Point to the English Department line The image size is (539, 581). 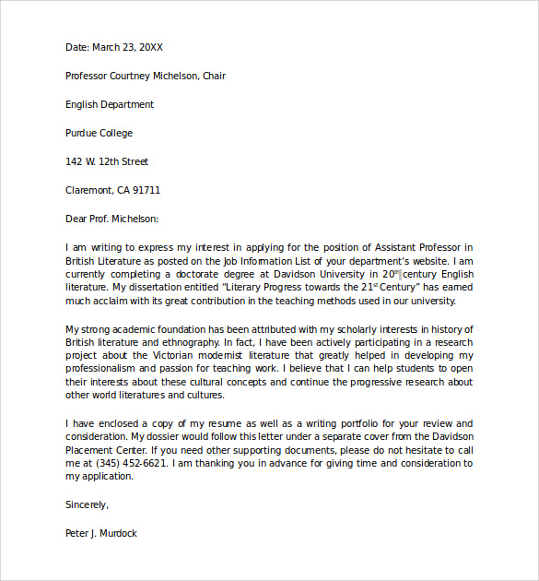click(110, 104)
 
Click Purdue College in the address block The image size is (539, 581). click(99, 133)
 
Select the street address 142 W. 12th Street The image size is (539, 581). click(107, 161)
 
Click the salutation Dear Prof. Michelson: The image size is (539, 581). click(111, 219)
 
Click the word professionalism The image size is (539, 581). click(109, 369)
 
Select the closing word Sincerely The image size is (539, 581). click(87, 504)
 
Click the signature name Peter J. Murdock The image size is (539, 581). click(101, 533)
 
